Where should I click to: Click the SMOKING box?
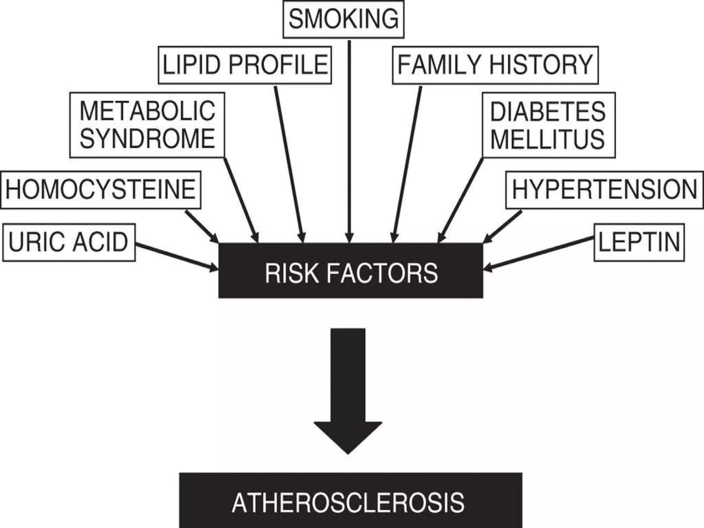coord(343,19)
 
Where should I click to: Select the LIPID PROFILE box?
coord(245,65)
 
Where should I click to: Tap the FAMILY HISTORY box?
coord(495,65)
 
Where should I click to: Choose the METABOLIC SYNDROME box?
coord(147,125)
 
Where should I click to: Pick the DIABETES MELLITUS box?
coord(548,125)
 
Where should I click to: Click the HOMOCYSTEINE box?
coord(101,190)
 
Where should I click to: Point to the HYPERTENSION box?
coord(604,190)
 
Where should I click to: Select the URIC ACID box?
coord(69,242)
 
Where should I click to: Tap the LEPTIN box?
coord(639,242)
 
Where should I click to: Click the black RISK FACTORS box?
coord(351,271)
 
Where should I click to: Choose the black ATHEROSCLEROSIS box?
coord(351,502)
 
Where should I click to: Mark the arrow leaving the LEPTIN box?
coord(540,254)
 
